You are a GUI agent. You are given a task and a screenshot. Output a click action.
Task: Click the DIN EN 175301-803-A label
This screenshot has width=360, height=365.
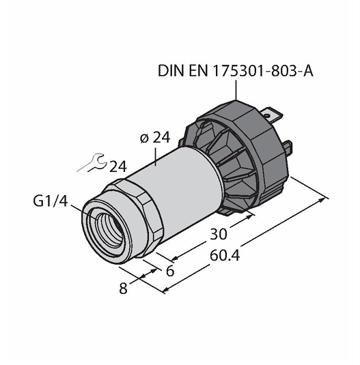(x=236, y=71)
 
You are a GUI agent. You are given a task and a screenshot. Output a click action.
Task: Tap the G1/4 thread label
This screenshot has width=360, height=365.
(x=51, y=201)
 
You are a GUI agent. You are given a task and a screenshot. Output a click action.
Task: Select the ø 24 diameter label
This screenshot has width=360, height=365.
(x=155, y=138)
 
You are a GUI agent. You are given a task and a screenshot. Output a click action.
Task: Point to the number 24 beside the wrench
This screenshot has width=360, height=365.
(x=118, y=166)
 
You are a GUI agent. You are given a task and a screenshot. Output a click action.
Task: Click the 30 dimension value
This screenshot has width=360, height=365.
(x=219, y=234)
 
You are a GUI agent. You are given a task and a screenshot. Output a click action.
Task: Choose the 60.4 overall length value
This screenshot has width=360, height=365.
(x=225, y=255)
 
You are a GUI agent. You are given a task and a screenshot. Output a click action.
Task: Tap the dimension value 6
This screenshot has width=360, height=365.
(x=171, y=271)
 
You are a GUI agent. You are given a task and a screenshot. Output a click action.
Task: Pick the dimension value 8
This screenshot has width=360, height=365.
(x=123, y=288)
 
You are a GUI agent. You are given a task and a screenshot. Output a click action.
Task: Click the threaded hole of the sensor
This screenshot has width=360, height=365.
(x=109, y=229)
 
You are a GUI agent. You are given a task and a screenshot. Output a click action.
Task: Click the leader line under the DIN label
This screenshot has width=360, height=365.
(x=236, y=90)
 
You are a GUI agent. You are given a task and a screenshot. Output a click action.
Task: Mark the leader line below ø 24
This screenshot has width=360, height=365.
(x=156, y=156)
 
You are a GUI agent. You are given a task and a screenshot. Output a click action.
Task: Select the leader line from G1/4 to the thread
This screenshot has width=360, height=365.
(x=84, y=213)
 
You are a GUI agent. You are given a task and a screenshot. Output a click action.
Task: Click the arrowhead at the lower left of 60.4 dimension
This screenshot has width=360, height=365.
(x=166, y=289)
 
